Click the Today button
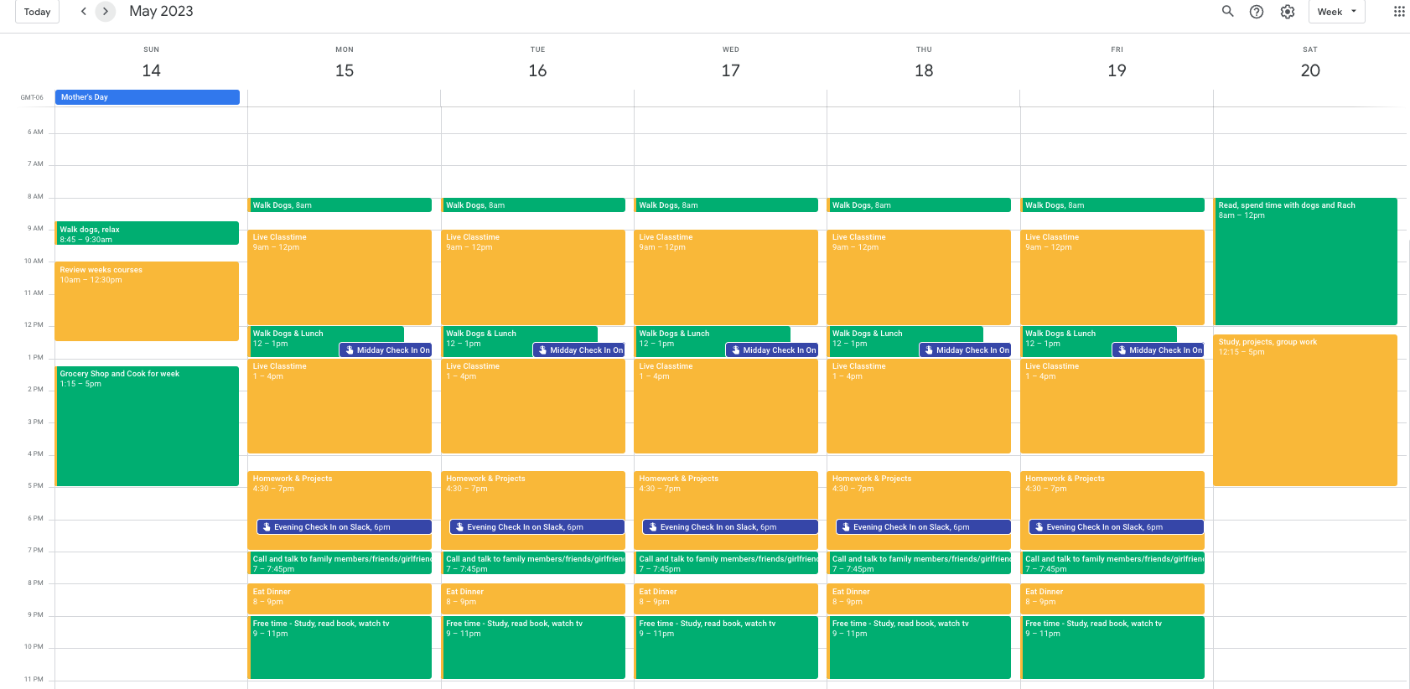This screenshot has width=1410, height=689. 37,12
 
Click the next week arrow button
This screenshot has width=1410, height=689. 106,11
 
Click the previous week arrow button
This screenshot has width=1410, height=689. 83,11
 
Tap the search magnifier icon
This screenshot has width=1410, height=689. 1227,11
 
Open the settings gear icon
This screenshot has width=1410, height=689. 1288,12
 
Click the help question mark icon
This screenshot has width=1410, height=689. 1257,12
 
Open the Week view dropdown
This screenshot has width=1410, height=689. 1336,12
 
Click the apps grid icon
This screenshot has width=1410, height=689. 1399,12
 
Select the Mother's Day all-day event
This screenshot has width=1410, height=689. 148,97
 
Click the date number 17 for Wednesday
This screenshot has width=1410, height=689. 730,70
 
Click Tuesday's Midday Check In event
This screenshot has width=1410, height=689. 579,350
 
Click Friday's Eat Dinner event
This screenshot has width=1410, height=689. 1112,598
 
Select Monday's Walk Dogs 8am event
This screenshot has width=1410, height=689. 340,205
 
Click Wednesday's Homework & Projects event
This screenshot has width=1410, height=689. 726,494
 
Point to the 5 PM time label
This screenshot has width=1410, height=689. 35,486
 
